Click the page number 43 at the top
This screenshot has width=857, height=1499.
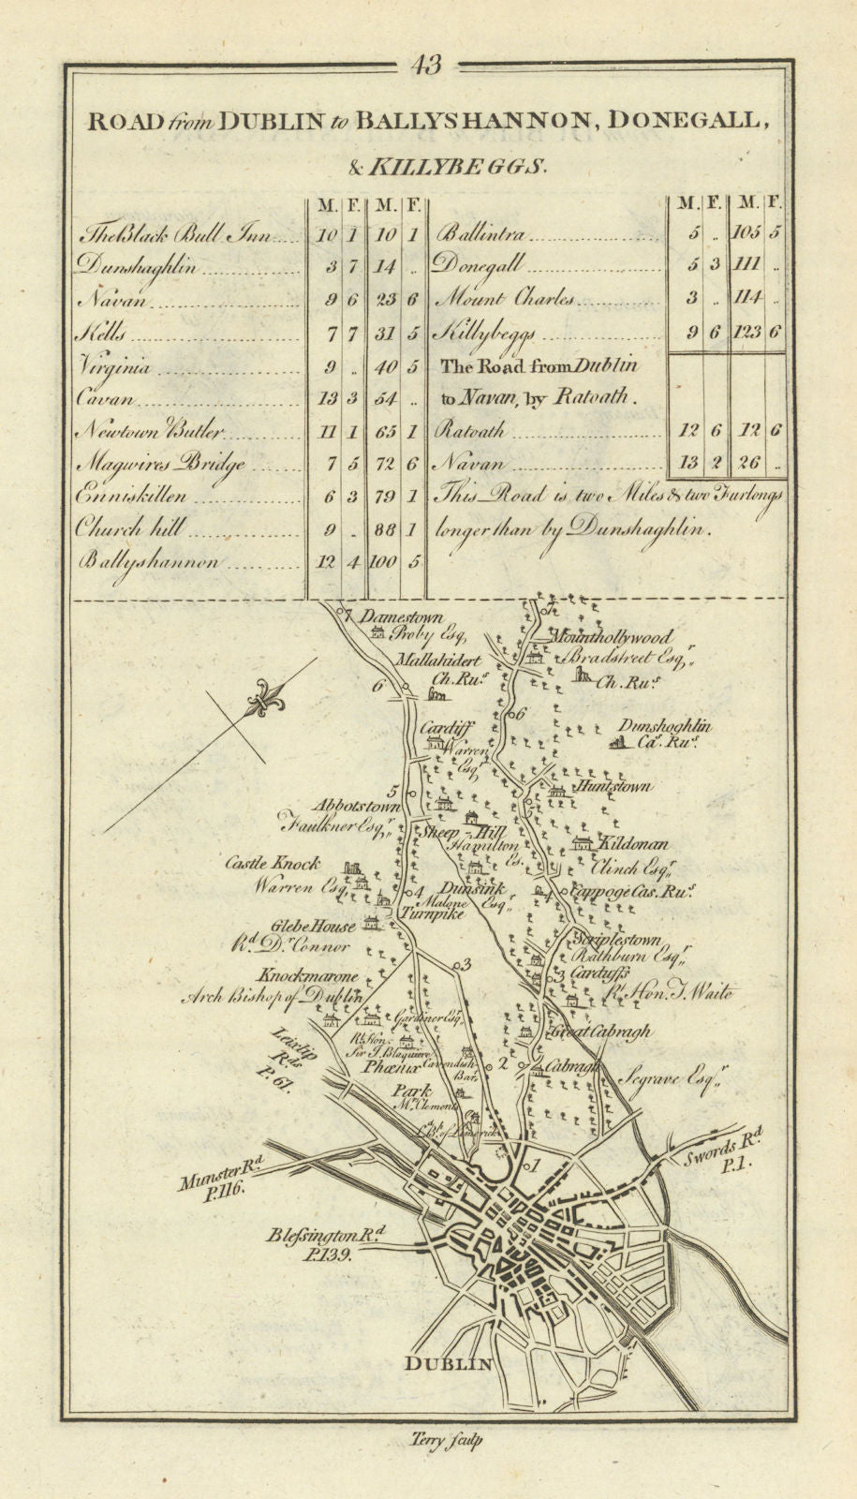coord(426,66)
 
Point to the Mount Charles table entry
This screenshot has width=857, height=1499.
coord(506,300)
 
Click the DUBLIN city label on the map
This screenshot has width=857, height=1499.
coord(449,1363)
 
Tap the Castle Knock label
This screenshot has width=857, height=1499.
coord(272,863)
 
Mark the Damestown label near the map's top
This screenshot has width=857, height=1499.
coord(402,618)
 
